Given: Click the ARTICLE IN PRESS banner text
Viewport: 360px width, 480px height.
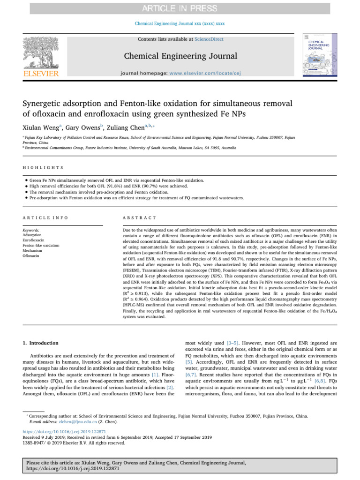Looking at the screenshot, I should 180,8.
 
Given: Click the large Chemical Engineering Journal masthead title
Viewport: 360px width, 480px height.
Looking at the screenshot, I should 180,57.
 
